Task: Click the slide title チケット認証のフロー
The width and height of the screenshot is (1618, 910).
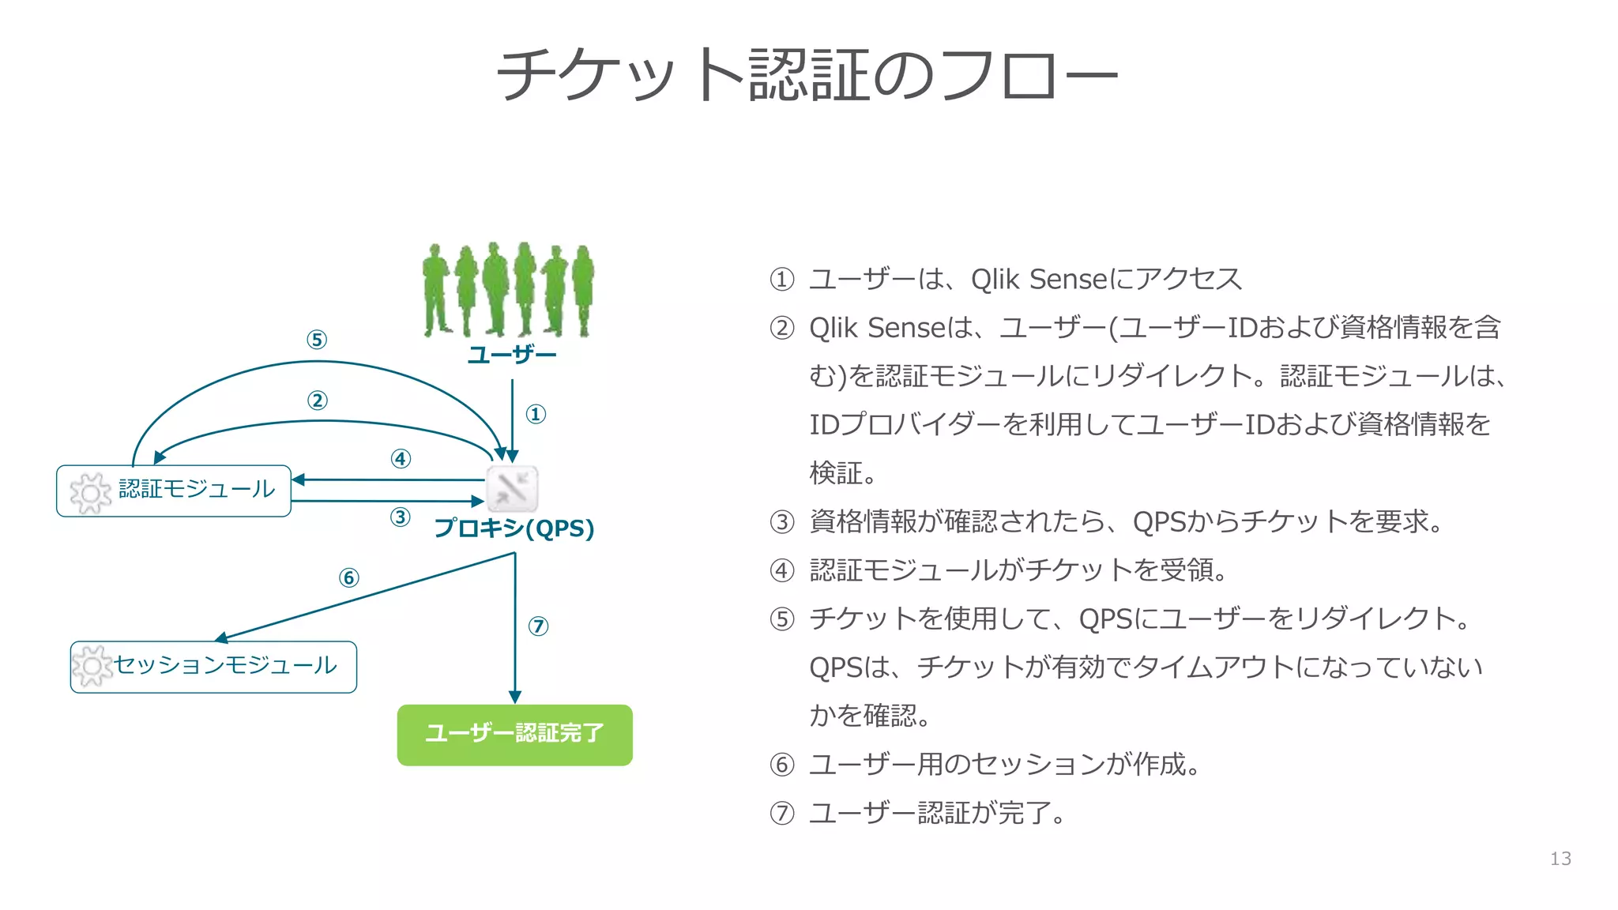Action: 807,74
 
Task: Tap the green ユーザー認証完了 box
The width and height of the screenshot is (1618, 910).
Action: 514,735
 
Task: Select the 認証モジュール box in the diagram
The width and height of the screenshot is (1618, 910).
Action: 174,491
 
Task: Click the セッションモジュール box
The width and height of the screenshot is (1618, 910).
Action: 213,667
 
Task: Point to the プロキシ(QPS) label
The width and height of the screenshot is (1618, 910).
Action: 514,528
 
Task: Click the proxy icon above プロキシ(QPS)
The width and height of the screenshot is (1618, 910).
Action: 512,488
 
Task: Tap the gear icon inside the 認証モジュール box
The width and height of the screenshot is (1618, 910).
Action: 90,493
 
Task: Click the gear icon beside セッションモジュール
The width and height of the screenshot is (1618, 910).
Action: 92,667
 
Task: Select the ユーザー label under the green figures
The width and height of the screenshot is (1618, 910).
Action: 512,355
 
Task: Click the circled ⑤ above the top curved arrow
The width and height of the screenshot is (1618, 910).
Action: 317,340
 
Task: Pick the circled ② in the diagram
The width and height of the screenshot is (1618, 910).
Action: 318,400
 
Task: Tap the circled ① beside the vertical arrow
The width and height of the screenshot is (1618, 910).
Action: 536,414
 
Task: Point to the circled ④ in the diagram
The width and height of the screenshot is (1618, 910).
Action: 401,459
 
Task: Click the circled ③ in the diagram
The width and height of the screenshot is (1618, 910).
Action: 401,517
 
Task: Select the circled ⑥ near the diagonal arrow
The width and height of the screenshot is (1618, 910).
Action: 348,578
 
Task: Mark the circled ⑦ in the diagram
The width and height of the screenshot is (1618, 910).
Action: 538,626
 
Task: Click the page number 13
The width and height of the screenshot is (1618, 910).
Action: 1560,859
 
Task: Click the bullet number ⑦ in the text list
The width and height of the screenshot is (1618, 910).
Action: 782,813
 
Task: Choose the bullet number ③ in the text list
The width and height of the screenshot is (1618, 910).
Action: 782,522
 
